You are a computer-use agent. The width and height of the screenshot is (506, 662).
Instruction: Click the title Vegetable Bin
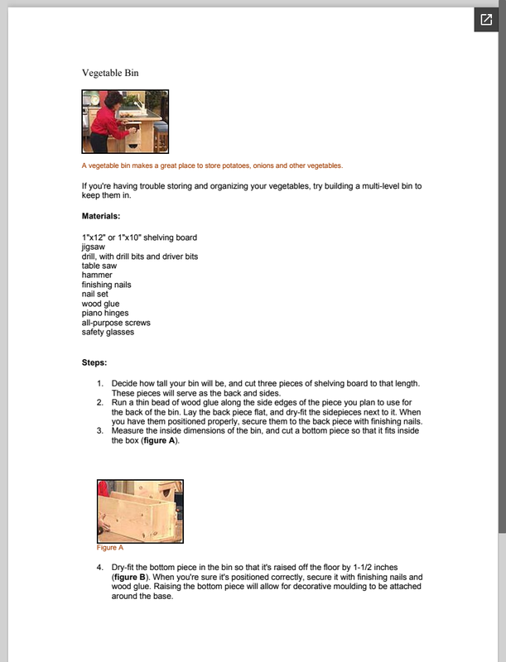point(110,73)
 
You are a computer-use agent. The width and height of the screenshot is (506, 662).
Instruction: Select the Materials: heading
point(101,216)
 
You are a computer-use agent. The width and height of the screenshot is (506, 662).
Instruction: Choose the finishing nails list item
point(106,285)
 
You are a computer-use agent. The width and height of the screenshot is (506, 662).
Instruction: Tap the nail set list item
point(96,295)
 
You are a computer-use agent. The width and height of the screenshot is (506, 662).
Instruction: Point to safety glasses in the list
point(108,333)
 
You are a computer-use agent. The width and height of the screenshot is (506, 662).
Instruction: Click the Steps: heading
point(94,362)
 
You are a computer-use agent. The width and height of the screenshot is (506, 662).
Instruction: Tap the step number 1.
point(100,383)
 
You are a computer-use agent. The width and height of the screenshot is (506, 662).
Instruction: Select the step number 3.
point(100,430)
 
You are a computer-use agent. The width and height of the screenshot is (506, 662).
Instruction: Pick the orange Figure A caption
point(110,547)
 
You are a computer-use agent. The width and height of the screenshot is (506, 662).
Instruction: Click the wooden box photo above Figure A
point(140,511)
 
